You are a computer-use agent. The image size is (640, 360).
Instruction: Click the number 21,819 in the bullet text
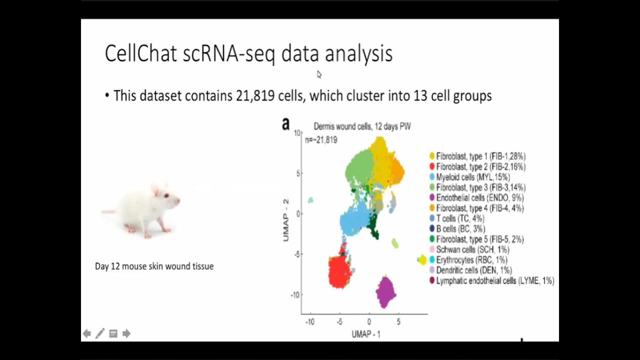255,96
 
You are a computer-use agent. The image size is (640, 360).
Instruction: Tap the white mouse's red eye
166,195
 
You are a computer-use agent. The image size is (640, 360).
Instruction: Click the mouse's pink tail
108,212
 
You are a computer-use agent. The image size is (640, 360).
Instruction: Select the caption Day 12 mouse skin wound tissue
154,266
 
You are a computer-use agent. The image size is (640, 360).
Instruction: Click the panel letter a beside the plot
285,124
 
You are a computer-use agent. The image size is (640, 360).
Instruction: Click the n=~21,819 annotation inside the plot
321,140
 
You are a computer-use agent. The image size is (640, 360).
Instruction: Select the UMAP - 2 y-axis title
286,220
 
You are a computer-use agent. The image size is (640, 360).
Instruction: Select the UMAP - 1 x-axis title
365,334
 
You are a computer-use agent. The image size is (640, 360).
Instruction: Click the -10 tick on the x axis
310,322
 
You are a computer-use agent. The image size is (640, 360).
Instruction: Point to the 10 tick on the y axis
297,133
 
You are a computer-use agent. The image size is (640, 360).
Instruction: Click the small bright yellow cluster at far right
422,259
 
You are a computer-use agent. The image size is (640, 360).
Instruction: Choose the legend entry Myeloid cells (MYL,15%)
472,177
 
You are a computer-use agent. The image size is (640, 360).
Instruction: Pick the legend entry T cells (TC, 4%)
459,218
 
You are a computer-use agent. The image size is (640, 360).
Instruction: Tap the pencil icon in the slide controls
100,333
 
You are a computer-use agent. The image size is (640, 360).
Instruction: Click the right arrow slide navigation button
126,333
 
